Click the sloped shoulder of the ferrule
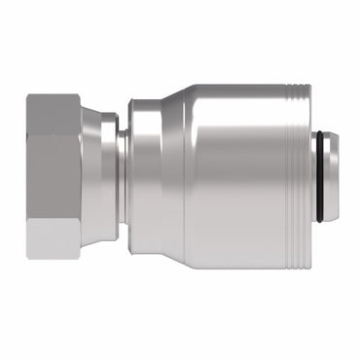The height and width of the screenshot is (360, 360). (x=170, y=180)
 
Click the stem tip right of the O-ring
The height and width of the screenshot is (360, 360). (x=333, y=180)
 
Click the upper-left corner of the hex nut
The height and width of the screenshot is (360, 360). (x=28, y=95)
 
